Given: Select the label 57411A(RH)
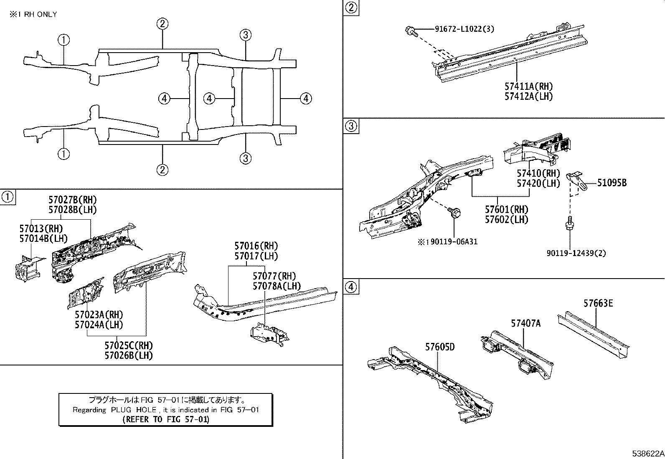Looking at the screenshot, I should [x=528, y=86].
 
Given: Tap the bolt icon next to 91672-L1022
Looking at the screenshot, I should [x=410, y=30].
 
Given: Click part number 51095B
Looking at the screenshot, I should [x=612, y=183].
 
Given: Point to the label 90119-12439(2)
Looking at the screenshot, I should [x=576, y=253].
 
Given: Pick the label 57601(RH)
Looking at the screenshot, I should [x=506, y=209].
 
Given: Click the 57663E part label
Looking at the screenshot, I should [x=598, y=303].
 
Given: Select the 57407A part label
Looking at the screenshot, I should [x=525, y=323].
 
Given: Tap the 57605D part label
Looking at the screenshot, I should [x=440, y=347].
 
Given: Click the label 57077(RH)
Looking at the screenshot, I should [x=274, y=276].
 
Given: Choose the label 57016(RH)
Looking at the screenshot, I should [x=256, y=246].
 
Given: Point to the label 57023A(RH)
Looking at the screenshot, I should [x=99, y=314].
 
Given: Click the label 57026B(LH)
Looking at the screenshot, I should [x=129, y=355].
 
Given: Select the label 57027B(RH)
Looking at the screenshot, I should [x=72, y=200].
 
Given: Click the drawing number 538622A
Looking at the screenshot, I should [x=647, y=453].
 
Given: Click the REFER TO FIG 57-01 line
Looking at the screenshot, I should [x=166, y=419].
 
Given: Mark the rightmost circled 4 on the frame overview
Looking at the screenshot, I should [x=306, y=99].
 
